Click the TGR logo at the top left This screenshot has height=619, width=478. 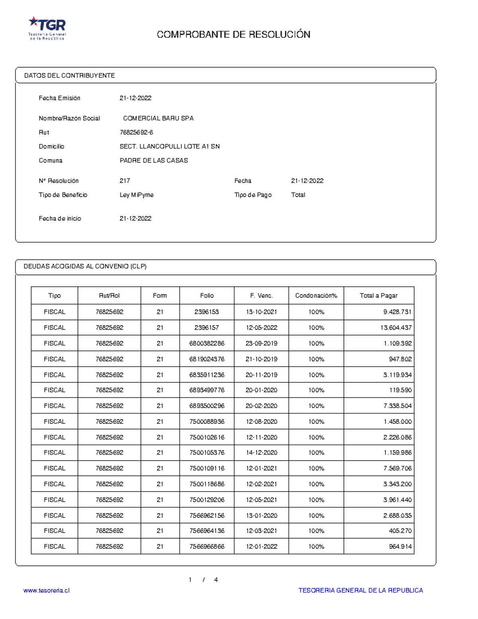coord(47,28)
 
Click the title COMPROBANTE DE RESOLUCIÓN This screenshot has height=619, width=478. coord(233,35)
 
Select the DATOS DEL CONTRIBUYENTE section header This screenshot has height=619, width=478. coord(69,76)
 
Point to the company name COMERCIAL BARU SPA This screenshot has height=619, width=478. coord(158,118)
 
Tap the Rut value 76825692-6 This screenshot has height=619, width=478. coord(136,132)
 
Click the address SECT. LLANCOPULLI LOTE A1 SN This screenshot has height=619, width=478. coord(170,147)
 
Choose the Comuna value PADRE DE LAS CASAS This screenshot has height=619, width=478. coord(154,161)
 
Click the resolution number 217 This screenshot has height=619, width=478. coord(125,181)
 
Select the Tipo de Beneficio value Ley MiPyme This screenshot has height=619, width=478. coord(137,195)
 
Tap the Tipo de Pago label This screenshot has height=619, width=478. coord(253,195)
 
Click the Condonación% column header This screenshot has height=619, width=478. coord(316,296)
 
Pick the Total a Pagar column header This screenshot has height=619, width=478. coord(378,296)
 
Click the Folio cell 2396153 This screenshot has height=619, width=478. coord(207,312)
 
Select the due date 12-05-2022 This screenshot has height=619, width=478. coord(261,328)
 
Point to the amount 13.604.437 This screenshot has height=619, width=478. coord(396,328)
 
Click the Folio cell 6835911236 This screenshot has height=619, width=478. coord(207,375)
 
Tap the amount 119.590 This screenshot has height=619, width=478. coord(400,390)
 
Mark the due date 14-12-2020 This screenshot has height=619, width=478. coord(261,453)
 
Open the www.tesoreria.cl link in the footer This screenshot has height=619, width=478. coord(47,591)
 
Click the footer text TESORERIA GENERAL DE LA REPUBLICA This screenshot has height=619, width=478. coord(360,591)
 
